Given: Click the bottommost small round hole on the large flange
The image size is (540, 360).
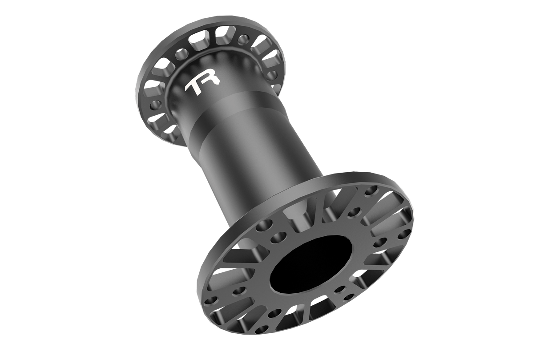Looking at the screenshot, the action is coord(262,330).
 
